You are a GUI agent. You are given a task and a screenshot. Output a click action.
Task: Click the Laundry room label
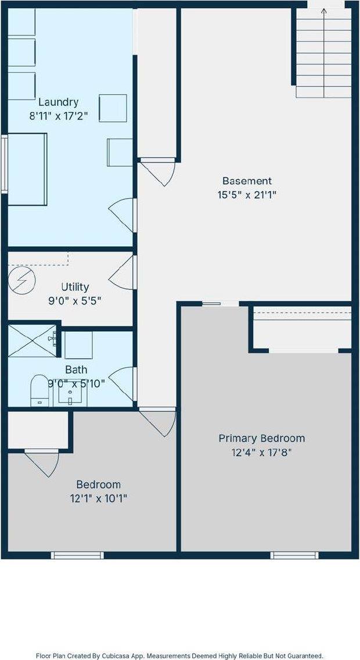pyautogui.click(x=59, y=102)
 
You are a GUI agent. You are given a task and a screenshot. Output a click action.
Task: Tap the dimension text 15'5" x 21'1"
pyautogui.click(x=247, y=195)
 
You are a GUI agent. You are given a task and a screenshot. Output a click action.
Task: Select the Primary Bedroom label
pyautogui.click(x=262, y=438)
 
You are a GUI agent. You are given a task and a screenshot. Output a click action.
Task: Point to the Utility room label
pyautogui.click(x=75, y=287)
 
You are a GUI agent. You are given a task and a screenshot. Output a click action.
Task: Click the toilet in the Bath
pyautogui.click(x=39, y=390)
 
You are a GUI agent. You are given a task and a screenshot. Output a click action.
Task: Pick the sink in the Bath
pyautogui.click(x=70, y=394)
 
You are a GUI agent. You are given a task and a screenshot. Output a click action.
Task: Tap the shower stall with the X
pyautogui.click(x=32, y=341)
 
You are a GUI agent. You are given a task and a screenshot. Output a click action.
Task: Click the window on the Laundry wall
pyautogui.click(x=5, y=164)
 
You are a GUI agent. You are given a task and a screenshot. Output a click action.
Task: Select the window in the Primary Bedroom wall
pyautogui.click(x=294, y=555)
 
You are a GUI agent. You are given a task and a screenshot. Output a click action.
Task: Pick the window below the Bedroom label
pyautogui.click(x=77, y=555)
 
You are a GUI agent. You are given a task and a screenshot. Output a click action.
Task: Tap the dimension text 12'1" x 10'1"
pyautogui.click(x=99, y=499)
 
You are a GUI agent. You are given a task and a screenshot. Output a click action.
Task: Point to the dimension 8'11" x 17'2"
pyautogui.click(x=59, y=116)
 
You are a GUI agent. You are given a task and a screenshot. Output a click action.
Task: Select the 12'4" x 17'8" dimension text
pyautogui.click(x=262, y=453)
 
